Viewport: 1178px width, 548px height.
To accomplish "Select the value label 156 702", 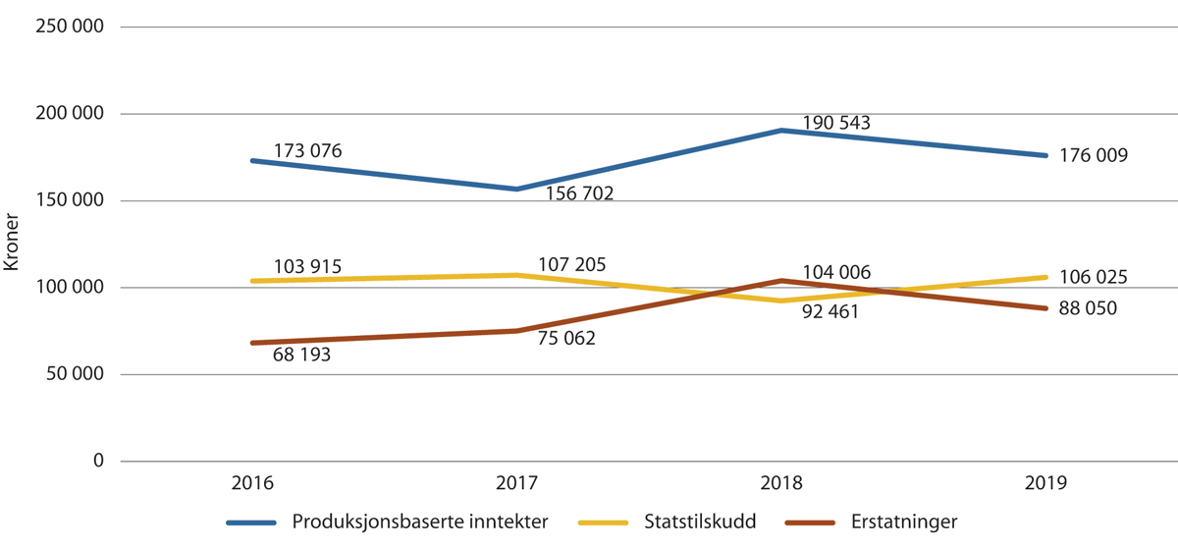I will pyautogui.click(x=578, y=194).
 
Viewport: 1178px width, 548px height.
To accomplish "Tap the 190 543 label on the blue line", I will pyautogui.click(x=836, y=123).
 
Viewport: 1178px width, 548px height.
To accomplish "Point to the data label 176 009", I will pyautogui.click(x=1094, y=155).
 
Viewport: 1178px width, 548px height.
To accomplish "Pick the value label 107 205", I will pyautogui.click(x=572, y=264).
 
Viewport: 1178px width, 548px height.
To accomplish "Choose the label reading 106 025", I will pyautogui.click(x=1094, y=277).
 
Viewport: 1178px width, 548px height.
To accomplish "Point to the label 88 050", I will pyautogui.click(x=1088, y=308).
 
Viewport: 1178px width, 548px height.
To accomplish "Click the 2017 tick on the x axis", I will pyautogui.click(x=516, y=483).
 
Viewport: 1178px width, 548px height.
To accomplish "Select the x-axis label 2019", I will pyautogui.click(x=1046, y=483).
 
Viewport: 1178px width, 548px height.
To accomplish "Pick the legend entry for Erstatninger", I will pyautogui.click(x=903, y=521).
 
